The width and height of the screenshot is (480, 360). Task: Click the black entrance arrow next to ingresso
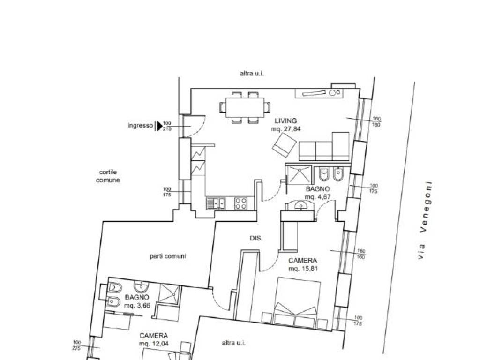tap(159, 126)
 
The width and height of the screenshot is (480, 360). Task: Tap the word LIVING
tap(285, 120)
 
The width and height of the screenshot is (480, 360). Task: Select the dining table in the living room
tap(245, 107)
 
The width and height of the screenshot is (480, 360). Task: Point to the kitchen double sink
tap(216, 203)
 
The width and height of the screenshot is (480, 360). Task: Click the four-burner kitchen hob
tap(240, 203)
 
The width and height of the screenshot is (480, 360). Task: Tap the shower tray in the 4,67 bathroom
tap(299, 175)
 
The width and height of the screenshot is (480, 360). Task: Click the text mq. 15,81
tap(303, 269)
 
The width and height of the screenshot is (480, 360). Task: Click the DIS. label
tap(256, 238)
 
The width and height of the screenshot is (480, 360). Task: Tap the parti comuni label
tap(168, 256)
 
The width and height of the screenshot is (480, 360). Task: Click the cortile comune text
tap(108, 176)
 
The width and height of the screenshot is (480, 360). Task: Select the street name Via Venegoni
tap(425, 220)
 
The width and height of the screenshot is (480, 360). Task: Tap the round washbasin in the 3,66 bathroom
tap(141, 287)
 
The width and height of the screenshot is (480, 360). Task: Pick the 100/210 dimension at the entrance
tap(167, 126)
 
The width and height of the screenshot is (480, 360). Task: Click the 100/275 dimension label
tap(77, 345)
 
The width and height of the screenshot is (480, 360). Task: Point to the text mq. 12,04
tap(154, 344)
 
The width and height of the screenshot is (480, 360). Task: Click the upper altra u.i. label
tap(252, 74)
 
